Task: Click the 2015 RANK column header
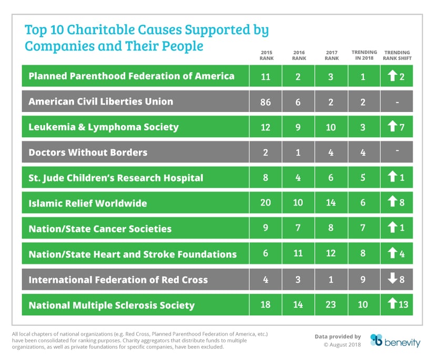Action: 266,55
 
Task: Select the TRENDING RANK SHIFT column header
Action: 397,55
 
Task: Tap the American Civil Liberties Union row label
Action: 100,102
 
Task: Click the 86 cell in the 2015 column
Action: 266,102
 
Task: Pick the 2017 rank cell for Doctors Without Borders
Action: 331,152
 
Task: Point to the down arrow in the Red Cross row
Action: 392,280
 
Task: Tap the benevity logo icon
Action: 376,340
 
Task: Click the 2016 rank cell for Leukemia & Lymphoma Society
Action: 298,127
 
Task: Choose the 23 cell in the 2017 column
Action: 331,305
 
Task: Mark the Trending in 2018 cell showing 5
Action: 363,178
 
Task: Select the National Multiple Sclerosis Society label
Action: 111,305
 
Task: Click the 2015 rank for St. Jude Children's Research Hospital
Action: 266,178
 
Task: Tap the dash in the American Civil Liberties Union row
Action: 397,102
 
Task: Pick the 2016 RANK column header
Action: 298,55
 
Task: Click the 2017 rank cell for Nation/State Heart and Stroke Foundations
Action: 331,254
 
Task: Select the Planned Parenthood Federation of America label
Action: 131,76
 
